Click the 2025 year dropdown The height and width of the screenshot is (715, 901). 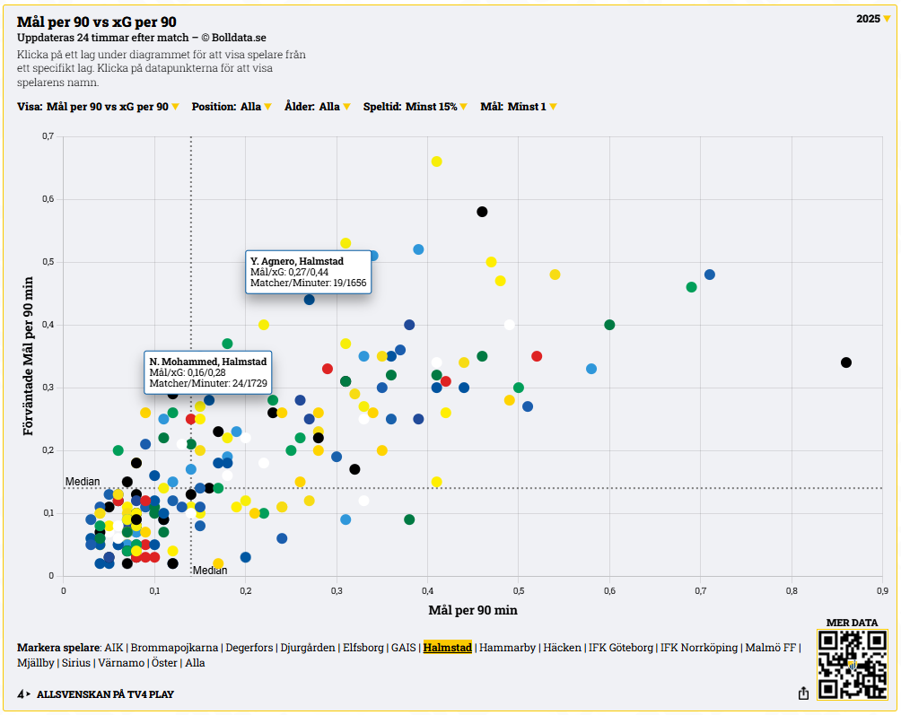point(873,19)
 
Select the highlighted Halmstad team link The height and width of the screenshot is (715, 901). point(447,647)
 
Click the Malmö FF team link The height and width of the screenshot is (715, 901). point(773,647)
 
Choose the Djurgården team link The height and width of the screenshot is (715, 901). point(308,647)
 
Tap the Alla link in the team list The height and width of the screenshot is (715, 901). point(195,663)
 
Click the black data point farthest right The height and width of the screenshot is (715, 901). point(845,362)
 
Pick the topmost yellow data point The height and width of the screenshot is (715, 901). point(436,161)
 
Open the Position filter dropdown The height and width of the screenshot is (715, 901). point(232,107)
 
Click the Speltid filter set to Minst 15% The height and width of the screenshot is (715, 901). point(416,107)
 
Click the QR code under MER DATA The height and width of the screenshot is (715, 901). point(852,665)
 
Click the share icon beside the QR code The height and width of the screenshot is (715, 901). point(803,693)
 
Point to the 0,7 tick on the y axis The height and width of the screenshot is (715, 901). point(48,136)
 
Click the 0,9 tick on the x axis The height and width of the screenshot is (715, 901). point(882,590)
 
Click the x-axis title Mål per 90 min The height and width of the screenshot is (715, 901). point(473,610)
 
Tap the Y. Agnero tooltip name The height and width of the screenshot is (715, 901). point(297,261)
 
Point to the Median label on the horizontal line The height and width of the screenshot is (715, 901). point(83,482)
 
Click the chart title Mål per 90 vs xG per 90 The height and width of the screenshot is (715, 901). point(97,22)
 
